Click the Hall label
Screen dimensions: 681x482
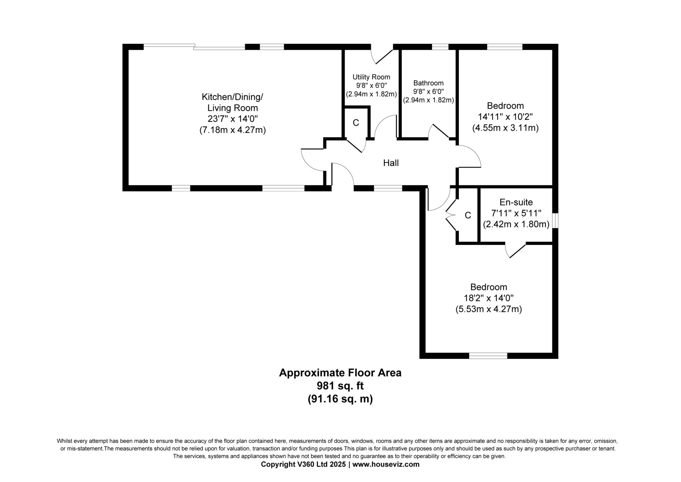tap(391, 163)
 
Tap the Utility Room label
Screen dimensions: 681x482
tap(371, 77)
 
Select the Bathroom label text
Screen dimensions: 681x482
tap(428, 83)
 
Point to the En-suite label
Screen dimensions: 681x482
tap(516, 202)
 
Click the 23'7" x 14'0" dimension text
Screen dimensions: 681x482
tap(233, 119)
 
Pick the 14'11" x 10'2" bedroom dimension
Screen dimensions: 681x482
tap(505, 117)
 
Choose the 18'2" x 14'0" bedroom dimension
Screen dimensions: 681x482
tap(489, 298)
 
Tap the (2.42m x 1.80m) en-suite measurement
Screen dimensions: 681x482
tap(516, 224)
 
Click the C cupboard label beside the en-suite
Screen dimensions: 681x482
tap(468, 215)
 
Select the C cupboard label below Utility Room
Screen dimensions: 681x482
tap(356, 123)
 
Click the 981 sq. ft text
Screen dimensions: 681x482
tap(340, 386)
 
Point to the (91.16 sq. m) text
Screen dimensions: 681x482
tap(340, 399)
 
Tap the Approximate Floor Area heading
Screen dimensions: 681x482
tap(340, 373)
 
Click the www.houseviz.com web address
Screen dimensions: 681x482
tap(386, 464)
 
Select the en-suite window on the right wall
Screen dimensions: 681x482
tap(556, 221)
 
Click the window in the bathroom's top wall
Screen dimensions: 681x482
tap(440, 47)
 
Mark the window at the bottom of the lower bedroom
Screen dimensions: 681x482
tap(488, 356)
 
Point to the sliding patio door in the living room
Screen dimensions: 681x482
tap(194, 47)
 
